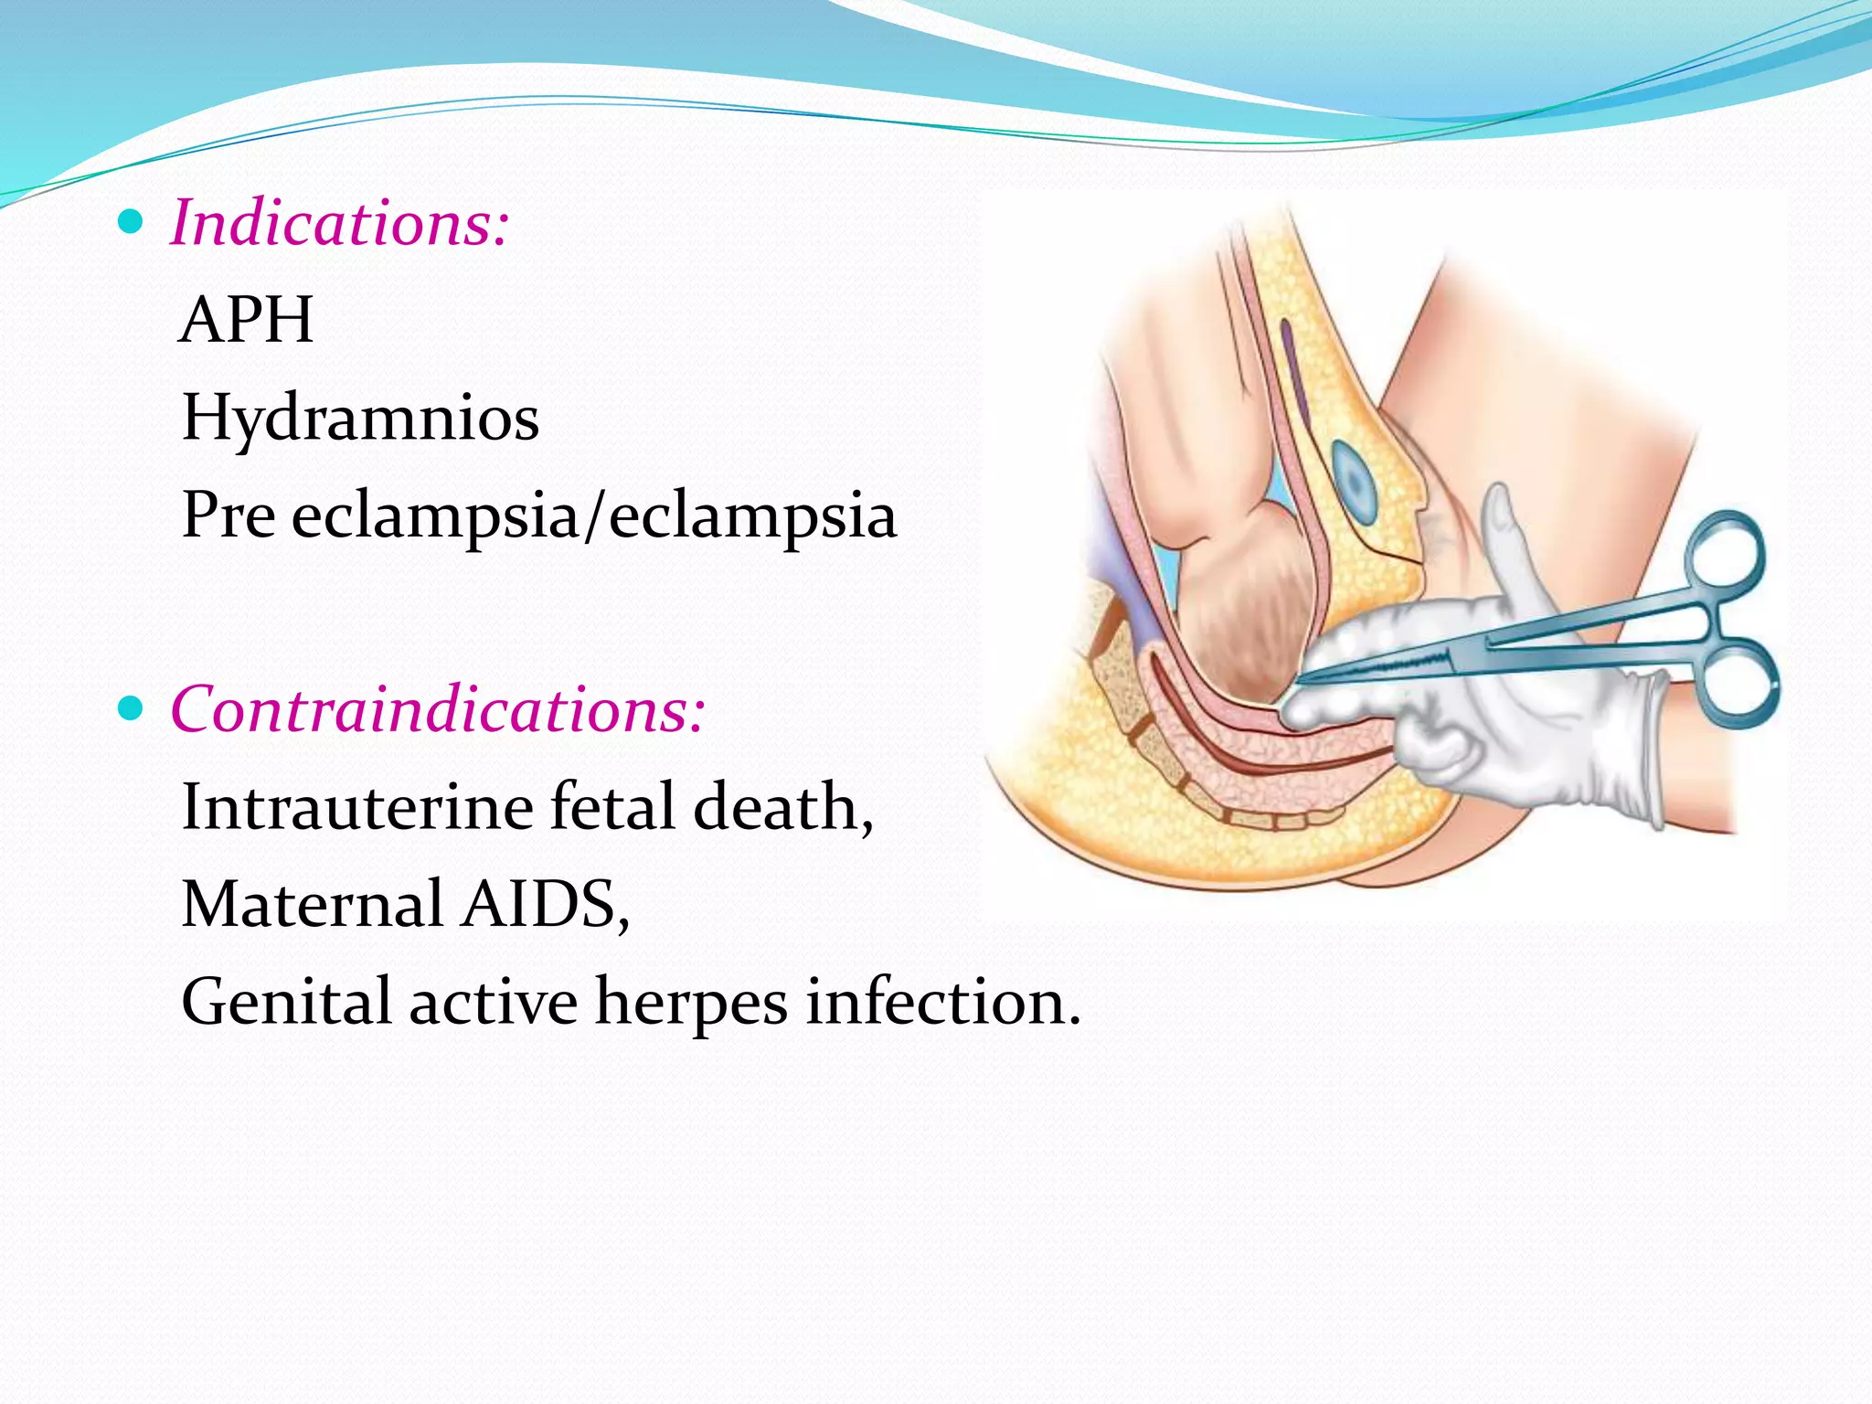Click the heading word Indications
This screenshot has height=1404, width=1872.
click(338, 223)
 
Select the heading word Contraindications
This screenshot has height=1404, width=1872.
click(437, 709)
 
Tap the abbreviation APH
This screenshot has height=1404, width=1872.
click(247, 320)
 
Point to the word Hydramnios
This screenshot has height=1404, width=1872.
click(360, 419)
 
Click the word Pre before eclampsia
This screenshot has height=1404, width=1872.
click(229, 516)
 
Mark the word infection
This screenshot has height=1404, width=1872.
click(941, 1002)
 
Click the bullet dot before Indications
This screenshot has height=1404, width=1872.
click(132, 221)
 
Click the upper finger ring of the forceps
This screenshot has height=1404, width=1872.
click(1724, 555)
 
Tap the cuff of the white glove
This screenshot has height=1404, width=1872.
click(1636, 750)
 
